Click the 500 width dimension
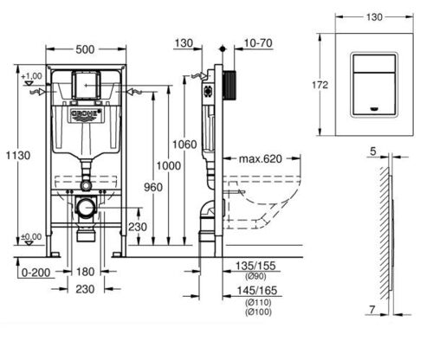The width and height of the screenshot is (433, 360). (x=85, y=49)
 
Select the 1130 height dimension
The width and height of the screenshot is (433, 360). (x=18, y=156)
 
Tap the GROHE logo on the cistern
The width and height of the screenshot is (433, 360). (x=87, y=113)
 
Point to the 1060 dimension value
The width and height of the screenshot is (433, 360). (x=184, y=145)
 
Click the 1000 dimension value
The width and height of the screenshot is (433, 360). (x=169, y=166)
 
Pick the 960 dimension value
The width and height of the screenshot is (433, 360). (x=153, y=188)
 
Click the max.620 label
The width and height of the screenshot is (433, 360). (x=260, y=158)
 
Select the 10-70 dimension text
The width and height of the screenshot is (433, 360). (x=258, y=43)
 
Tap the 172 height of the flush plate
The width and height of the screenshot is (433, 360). (x=320, y=85)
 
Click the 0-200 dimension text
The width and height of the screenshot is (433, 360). (x=36, y=273)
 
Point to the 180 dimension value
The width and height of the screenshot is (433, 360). (x=85, y=272)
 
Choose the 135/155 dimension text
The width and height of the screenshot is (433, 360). (x=255, y=266)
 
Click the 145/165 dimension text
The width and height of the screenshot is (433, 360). (x=257, y=291)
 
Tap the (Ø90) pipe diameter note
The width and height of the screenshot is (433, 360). (x=255, y=276)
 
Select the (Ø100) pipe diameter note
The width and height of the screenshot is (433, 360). (x=258, y=312)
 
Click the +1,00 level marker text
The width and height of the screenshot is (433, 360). (x=31, y=76)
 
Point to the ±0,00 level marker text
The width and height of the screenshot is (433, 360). (x=31, y=237)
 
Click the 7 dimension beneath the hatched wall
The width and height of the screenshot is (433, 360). (x=372, y=310)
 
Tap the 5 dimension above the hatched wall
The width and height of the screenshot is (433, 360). (x=373, y=151)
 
